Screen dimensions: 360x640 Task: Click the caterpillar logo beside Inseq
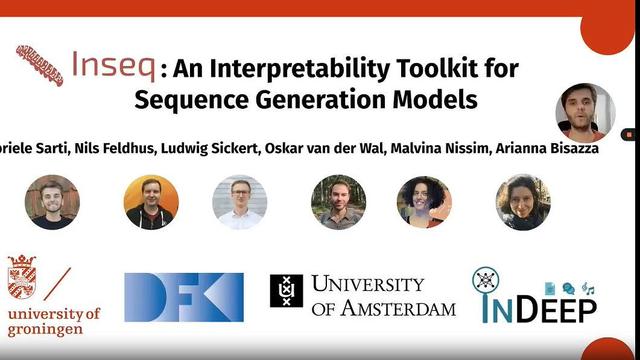click(40, 65)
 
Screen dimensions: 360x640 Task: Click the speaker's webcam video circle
click(584, 113)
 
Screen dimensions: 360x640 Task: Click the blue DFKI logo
click(184, 297)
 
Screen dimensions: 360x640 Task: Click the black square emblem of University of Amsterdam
click(286, 290)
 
